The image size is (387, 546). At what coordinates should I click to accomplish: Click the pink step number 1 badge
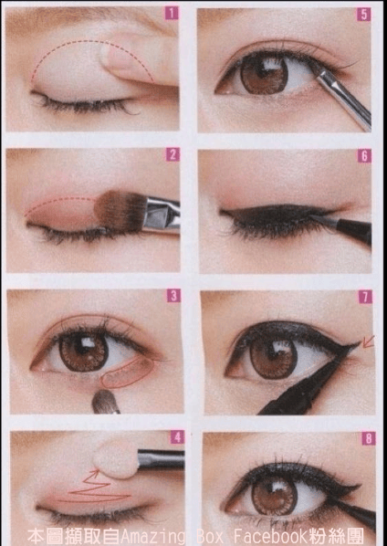pyautogui.click(x=172, y=13)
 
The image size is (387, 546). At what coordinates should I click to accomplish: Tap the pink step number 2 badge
pyautogui.click(x=173, y=154)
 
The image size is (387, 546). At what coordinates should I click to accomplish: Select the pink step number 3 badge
pyautogui.click(x=173, y=296)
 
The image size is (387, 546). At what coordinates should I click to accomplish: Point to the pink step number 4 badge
pyautogui.click(x=177, y=437)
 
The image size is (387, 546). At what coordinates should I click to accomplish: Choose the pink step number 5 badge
pyautogui.click(x=363, y=15)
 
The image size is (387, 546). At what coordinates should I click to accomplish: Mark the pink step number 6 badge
pyautogui.click(x=364, y=156)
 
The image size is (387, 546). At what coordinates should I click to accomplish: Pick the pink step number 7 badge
pyautogui.click(x=365, y=297)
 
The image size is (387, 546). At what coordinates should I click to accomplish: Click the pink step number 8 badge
pyautogui.click(x=369, y=438)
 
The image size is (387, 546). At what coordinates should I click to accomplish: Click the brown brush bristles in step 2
pyautogui.click(x=120, y=211)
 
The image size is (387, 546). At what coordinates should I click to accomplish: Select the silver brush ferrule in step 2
pyautogui.click(x=162, y=215)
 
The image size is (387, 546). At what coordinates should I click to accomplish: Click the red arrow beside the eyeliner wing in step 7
pyautogui.click(x=368, y=341)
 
